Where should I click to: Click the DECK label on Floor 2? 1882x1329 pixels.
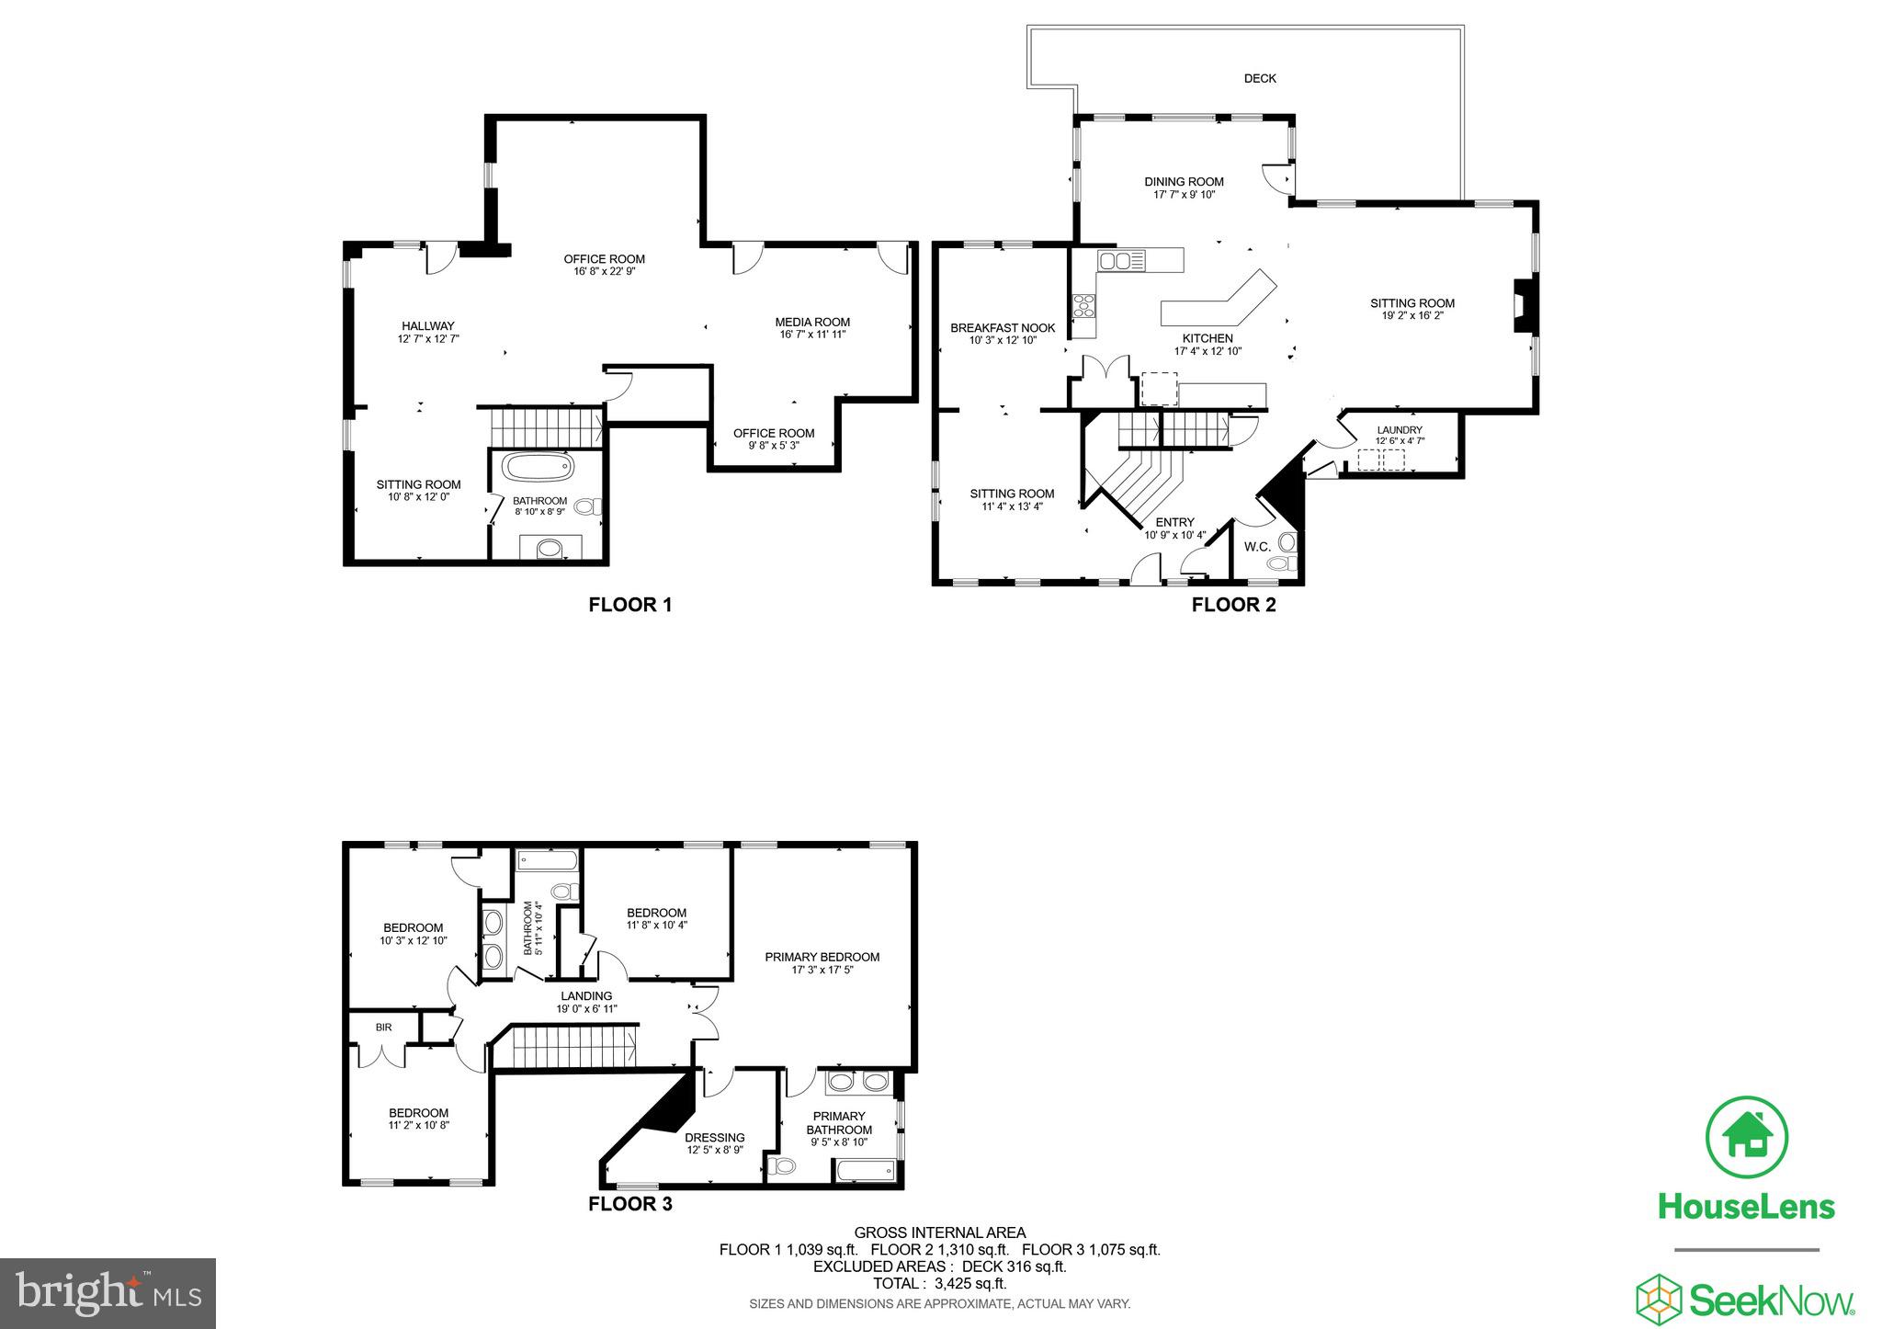coord(1260,79)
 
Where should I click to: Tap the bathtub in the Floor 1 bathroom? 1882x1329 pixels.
coord(539,467)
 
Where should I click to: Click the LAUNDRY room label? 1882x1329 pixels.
coord(1400,430)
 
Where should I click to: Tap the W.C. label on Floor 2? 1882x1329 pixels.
coord(1257,547)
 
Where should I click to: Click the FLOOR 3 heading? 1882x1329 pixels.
coord(630,1204)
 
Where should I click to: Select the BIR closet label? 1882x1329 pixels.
coord(383,1028)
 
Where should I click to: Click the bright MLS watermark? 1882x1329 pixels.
coord(108,1293)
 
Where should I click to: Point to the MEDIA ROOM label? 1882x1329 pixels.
coord(812,322)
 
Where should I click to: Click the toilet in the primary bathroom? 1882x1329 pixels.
coord(784,1167)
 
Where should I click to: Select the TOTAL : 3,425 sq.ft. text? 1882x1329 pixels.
coord(939,1283)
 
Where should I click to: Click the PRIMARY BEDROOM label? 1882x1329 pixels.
coord(822,957)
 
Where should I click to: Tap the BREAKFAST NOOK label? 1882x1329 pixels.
coord(1003,328)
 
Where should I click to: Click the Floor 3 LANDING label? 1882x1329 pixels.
coord(586,996)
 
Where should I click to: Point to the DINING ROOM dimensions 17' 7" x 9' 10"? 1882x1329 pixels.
coord(1184,195)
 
